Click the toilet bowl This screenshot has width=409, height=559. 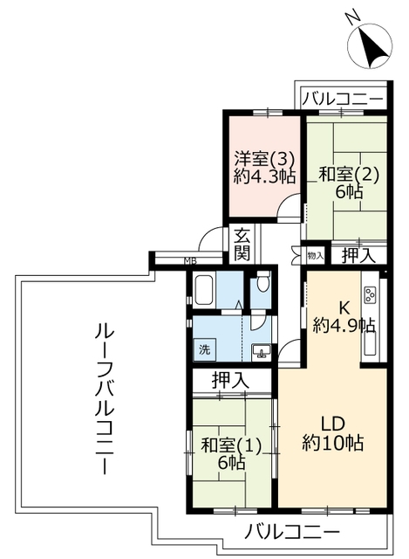tap(262, 283)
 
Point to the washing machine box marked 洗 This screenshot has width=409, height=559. tap(204, 349)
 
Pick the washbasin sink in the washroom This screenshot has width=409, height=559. tap(262, 351)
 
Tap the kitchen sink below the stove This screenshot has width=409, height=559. tap(370, 343)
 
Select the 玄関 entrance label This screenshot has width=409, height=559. tap(242, 245)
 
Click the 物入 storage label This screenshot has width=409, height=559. tap(315, 255)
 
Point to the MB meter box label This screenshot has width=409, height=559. tap(190, 261)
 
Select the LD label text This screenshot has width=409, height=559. tap(333, 424)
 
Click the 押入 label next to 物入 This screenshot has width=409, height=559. tap(358, 255)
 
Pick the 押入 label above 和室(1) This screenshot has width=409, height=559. tap(230, 381)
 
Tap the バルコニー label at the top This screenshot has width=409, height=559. tap(343, 99)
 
